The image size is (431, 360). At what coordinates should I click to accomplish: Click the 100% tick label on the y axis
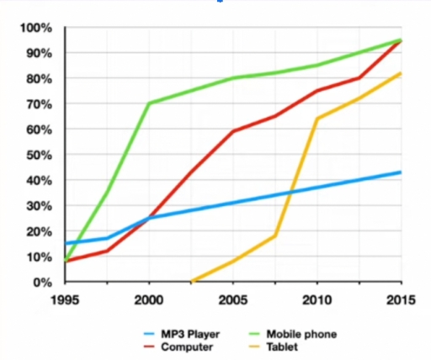36,29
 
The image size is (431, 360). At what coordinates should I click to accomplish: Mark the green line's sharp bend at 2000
149,103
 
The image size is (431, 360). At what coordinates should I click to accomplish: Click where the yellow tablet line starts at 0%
192,282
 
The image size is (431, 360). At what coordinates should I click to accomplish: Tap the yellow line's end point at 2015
401,73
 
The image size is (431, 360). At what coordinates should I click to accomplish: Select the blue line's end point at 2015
401,172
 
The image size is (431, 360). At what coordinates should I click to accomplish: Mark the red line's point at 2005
233,131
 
